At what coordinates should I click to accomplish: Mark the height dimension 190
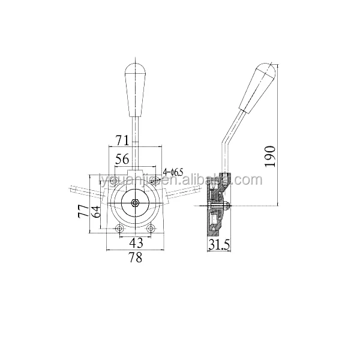tap(271, 155)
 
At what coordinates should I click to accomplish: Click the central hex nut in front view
tap(136, 203)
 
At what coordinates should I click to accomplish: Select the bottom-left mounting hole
tap(119, 229)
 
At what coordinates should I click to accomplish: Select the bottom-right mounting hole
tap(152, 229)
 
